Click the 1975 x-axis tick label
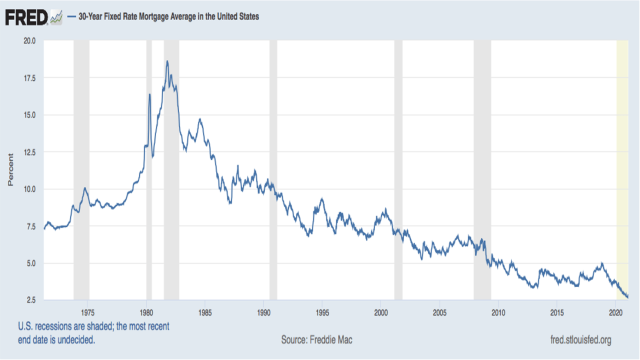click(88, 312)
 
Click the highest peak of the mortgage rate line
click(167, 62)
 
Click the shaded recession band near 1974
click(81, 170)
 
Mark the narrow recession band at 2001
click(398, 170)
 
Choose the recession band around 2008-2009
click(482, 170)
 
